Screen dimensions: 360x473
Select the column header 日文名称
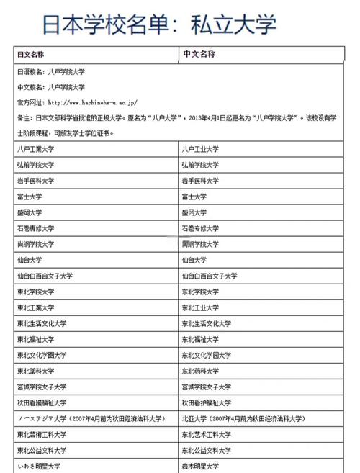(31, 55)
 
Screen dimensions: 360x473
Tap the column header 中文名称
(199, 55)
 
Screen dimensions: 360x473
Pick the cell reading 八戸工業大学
(37, 149)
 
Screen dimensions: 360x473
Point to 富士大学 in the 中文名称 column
(194, 197)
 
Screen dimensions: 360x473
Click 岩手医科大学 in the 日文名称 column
(37, 181)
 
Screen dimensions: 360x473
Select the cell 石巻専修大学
(37, 228)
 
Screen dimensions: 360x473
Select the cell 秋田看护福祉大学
(206, 402)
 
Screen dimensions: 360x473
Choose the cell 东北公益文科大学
(206, 450)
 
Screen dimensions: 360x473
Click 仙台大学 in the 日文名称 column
(30, 260)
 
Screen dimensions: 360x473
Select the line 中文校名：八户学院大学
(50, 87)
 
